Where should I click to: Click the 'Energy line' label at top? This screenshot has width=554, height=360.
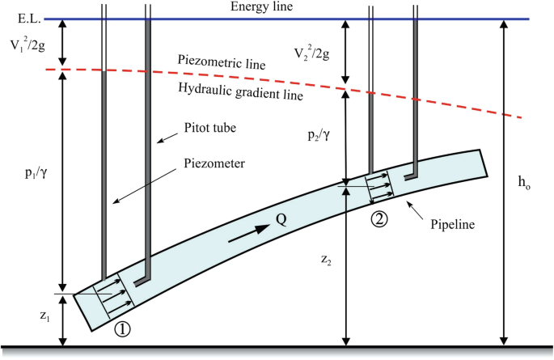pos(261,6)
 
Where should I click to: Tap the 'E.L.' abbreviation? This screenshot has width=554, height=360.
pos(29,19)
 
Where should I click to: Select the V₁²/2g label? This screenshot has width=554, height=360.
pos(27,44)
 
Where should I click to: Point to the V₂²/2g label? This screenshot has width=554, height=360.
pos(312,53)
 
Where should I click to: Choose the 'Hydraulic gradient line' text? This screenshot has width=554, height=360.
pos(240,91)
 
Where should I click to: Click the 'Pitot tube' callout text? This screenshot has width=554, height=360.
pos(209,128)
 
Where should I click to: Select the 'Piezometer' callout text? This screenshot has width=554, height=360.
pos(214,163)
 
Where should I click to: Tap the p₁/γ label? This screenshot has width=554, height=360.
pos(36,173)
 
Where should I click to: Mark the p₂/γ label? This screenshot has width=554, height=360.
pos(319,135)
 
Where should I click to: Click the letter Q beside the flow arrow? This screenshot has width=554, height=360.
pos(281,220)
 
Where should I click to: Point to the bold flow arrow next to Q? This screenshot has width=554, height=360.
pos(249,234)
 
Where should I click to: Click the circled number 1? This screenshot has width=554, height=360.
pos(122,329)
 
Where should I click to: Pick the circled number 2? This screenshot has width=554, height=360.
pos(379,219)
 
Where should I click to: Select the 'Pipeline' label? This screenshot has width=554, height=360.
pos(453,224)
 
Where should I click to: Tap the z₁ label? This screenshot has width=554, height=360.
pos(44,316)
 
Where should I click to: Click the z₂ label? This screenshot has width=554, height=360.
pos(326,260)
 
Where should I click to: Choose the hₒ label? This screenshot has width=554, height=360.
pos(524,182)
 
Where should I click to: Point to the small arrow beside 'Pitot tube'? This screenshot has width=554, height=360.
pos(167,138)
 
